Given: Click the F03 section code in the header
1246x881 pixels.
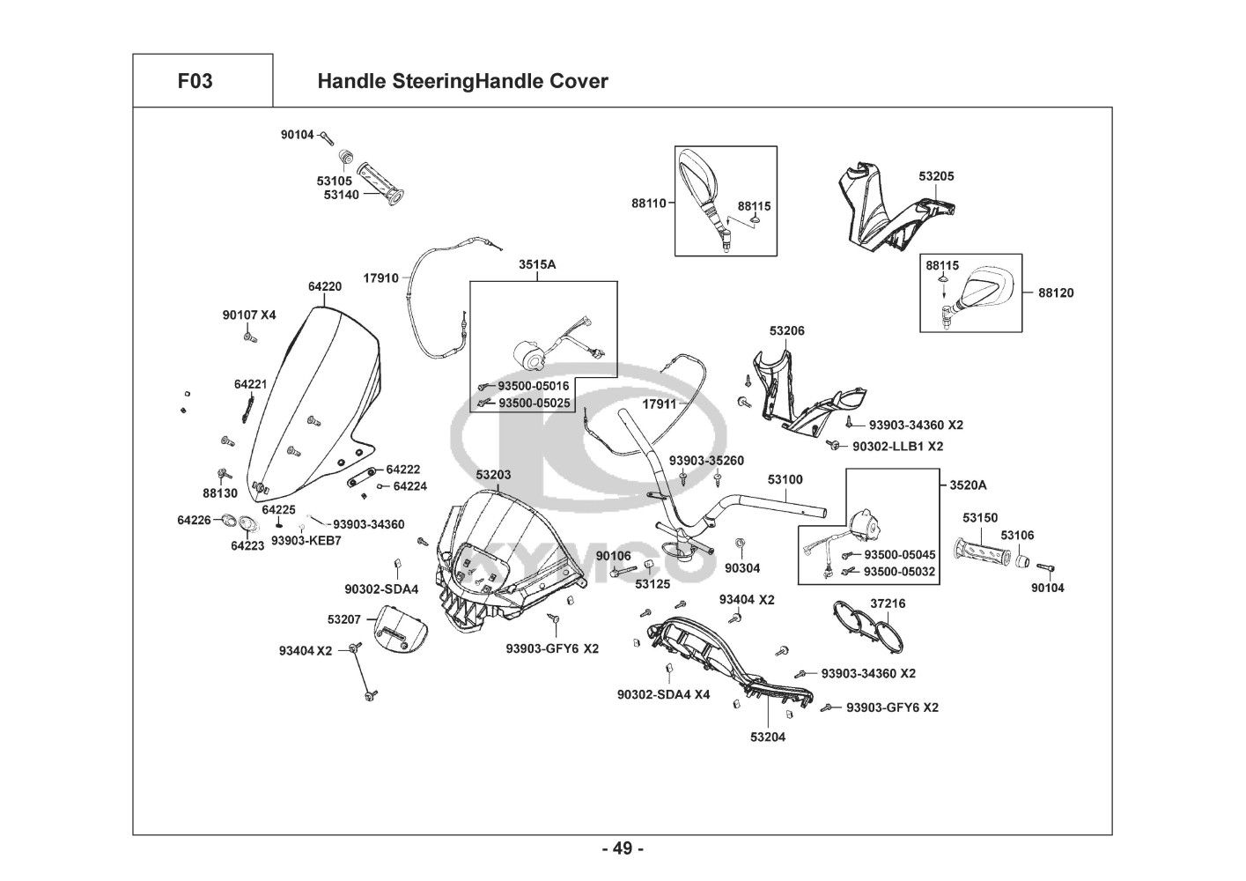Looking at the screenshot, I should coord(195,81).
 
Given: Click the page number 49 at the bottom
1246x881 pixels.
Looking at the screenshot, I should coord(623,848).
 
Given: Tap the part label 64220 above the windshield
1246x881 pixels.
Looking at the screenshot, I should coord(325,286).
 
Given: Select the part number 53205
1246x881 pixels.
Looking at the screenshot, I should coord(936,176).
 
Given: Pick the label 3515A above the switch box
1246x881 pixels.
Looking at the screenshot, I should coord(536,263).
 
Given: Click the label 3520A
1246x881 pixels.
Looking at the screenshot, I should coord(968,485).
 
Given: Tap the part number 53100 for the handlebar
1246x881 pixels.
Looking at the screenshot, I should coord(785,479).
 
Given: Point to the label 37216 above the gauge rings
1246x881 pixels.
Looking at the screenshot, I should coord(888,603).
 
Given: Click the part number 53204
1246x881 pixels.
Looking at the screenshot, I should coord(768,737).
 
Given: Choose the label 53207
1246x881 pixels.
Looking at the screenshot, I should coord(344,619).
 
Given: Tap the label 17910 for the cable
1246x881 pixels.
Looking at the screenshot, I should coord(381,278).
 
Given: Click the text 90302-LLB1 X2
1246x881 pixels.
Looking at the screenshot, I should coord(897,447).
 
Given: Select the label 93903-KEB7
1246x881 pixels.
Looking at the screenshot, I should coord(306,540).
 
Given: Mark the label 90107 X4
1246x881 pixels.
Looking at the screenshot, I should coord(249,315).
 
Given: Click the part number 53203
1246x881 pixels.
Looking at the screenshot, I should coord(493,475).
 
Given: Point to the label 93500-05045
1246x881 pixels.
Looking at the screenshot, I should coord(899,555).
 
